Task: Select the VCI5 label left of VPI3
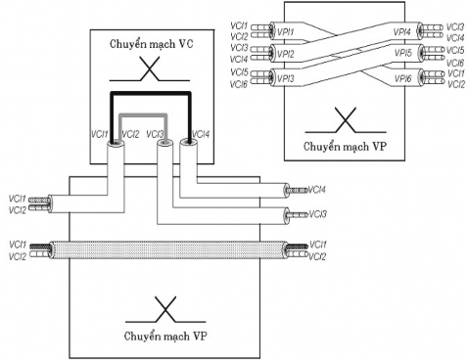pos(236,71)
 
